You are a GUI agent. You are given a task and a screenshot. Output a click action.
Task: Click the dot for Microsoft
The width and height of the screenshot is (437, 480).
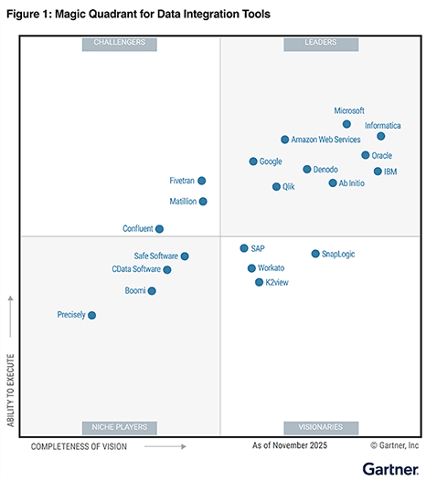(346, 124)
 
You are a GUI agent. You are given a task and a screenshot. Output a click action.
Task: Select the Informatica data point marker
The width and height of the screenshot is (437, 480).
(381, 136)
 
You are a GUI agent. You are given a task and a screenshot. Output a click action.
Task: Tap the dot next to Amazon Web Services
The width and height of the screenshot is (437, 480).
(284, 140)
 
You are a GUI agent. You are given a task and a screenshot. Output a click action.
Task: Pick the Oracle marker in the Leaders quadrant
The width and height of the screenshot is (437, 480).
(365, 155)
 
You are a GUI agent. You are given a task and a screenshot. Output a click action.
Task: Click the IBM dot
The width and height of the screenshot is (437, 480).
(378, 171)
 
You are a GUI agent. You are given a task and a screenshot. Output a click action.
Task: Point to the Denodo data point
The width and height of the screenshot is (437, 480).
(307, 169)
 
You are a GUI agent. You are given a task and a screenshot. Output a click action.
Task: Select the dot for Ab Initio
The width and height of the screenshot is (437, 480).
(333, 183)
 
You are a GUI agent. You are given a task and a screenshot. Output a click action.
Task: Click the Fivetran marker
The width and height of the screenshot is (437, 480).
(202, 181)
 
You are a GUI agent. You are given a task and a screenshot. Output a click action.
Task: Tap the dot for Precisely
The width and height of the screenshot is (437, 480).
(91, 315)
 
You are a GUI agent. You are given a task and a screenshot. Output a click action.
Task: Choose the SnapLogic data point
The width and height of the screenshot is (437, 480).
(315, 254)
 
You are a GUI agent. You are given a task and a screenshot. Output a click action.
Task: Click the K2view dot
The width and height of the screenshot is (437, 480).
(259, 283)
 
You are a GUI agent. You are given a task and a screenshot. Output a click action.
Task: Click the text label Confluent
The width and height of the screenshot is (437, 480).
(137, 229)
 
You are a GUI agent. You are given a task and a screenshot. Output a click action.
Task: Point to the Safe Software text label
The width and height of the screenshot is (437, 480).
(155, 256)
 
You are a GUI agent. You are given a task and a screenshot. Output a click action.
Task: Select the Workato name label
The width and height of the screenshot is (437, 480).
(272, 268)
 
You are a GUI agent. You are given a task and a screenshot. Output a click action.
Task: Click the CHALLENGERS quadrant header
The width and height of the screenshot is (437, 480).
(120, 43)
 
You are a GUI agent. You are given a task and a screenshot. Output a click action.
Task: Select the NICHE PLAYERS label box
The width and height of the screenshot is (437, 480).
(120, 426)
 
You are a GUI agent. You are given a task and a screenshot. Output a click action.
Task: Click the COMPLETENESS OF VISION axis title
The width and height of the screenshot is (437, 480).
(79, 447)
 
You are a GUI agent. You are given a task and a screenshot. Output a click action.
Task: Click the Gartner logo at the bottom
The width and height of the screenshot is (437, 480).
(390, 467)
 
